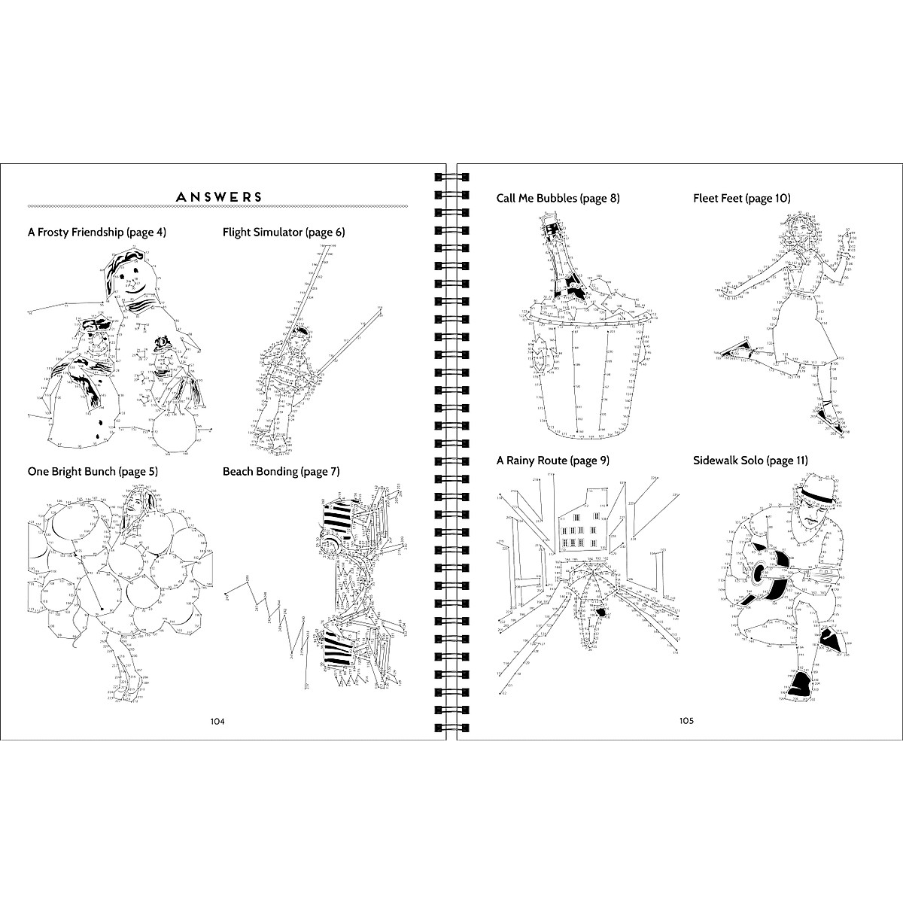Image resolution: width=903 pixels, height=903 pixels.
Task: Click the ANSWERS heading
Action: pyautogui.click(x=218, y=197)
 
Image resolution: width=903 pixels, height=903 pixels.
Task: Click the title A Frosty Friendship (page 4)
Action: pyautogui.click(x=96, y=233)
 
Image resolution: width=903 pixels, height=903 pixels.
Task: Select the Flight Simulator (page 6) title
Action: pyautogui.click(x=284, y=233)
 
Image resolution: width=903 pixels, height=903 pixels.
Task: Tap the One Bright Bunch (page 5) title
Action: pyautogui.click(x=93, y=472)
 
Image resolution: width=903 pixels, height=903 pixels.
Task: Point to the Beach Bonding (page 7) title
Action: pyautogui.click(x=281, y=472)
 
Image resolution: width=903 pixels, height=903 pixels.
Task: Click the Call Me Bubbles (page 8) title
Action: pyautogui.click(x=558, y=199)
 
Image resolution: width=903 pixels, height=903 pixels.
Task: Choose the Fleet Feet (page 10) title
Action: pyautogui.click(x=741, y=199)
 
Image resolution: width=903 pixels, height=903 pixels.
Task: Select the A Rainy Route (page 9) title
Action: pyautogui.click(x=552, y=460)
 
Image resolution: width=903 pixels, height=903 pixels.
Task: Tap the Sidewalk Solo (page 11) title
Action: pyautogui.click(x=750, y=460)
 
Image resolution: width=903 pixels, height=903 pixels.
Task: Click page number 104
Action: pyautogui.click(x=217, y=721)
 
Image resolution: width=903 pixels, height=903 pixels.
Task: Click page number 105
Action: pyautogui.click(x=686, y=721)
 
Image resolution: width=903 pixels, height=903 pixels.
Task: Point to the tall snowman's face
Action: pyautogui.click(x=134, y=282)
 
